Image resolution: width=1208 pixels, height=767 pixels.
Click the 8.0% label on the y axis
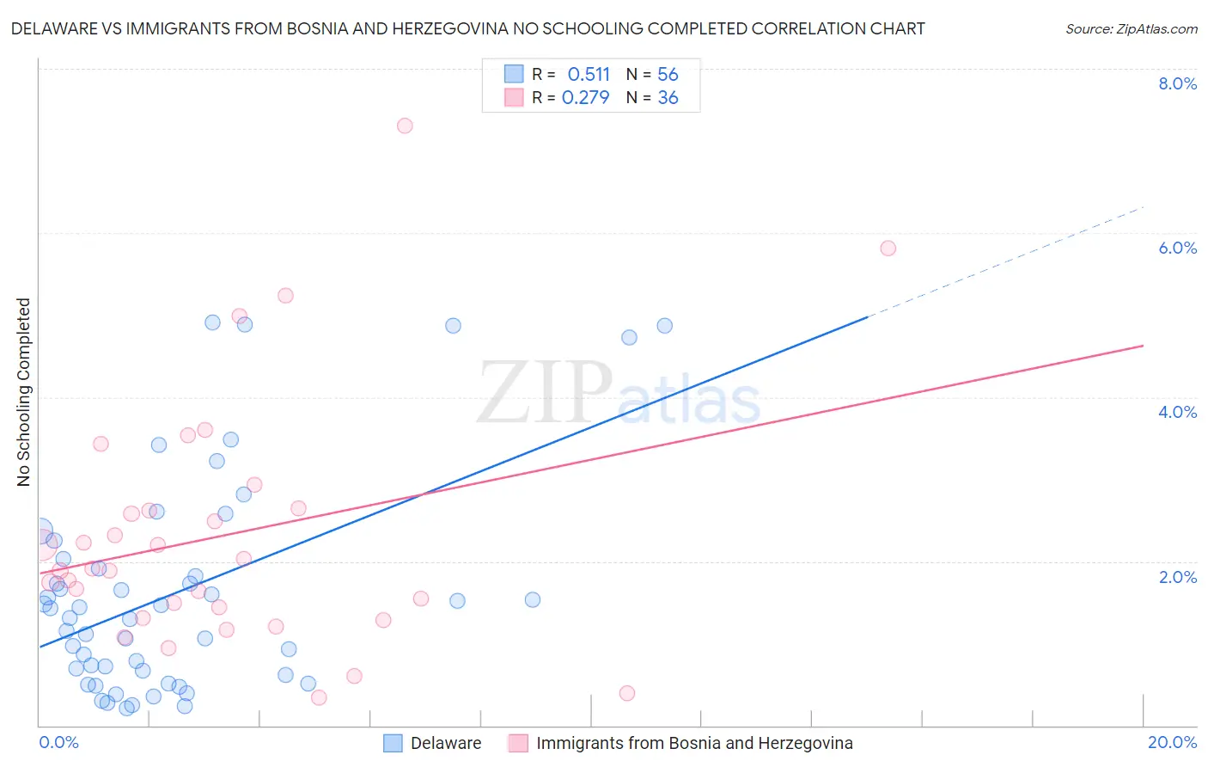pyautogui.click(x=1177, y=83)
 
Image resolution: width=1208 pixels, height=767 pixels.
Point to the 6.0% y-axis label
pyautogui.click(x=1177, y=248)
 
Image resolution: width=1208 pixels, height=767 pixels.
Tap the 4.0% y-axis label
pyautogui.click(x=1177, y=412)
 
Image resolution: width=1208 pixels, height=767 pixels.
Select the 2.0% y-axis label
pyautogui.click(x=1177, y=577)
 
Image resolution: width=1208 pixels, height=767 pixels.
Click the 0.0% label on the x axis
pyautogui.click(x=58, y=742)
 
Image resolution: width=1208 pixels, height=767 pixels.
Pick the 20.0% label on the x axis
pyautogui.click(x=1172, y=742)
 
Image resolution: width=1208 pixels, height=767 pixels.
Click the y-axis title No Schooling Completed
pyautogui.click(x=23, y=392)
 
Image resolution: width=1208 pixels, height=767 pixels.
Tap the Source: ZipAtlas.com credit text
pyautogui.click(x=1131, y=29)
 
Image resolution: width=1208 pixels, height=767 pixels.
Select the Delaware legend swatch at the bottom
pyautogui.click(x=393, y=743)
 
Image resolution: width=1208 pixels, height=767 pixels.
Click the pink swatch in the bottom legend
pyautogui.click(x=518, y=743)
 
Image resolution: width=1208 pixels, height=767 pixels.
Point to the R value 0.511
pyautogui.click(x=589, y=75)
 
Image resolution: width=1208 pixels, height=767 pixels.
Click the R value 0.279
pyautogui.click(x=585, y=98)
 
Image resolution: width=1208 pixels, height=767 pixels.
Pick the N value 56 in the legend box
pyautogui.click(x=668, y=75)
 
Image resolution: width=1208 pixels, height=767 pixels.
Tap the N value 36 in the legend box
pyautogui.click(x=668, y=98)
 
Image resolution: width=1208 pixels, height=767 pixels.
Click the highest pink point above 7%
pyautogui.click(x=405, y=126)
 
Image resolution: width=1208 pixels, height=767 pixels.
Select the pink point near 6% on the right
pyautogui.click(x=888, y=249)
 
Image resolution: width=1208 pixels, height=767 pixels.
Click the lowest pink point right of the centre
pyautogui.click(x=627, y=693)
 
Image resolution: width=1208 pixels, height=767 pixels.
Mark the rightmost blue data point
pyautogui.click(x=665, y=326)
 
